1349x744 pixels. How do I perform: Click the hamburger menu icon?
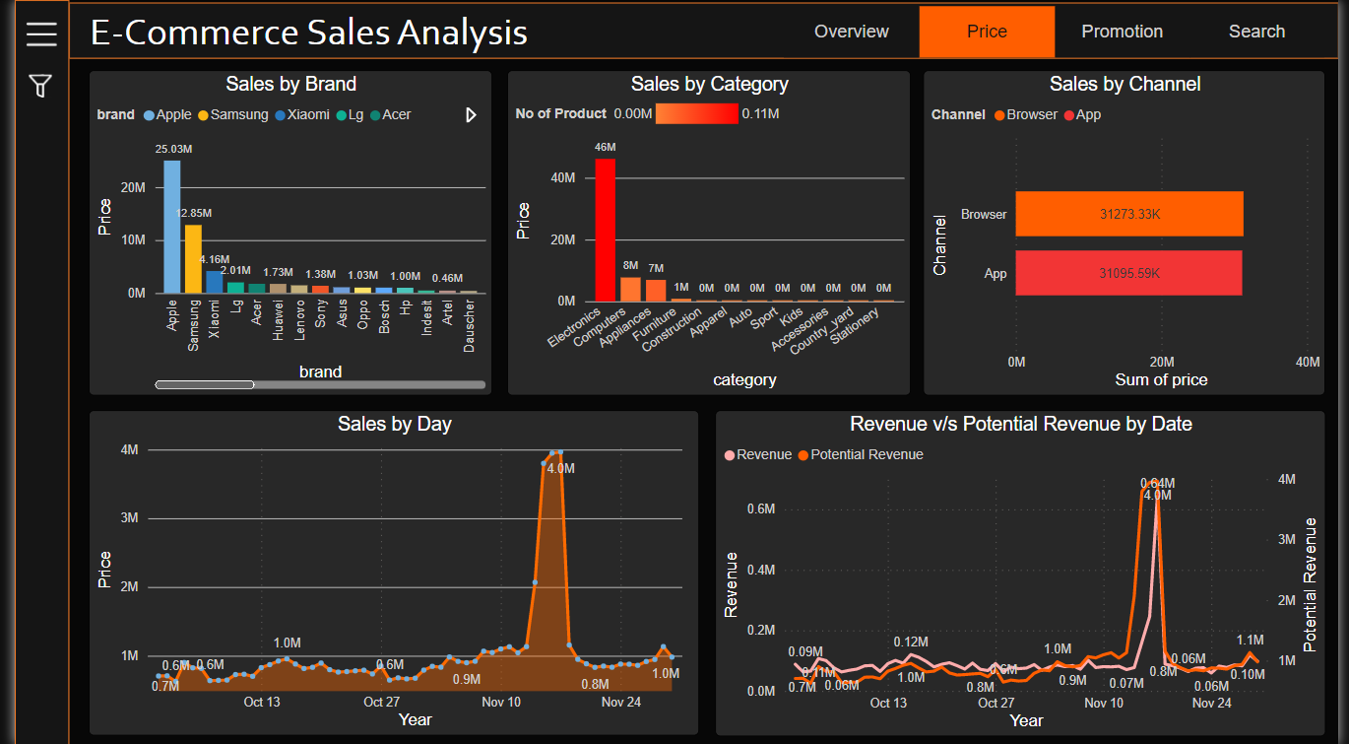click(x=41, y=34)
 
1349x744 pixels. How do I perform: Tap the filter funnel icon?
click(x=40, y=87)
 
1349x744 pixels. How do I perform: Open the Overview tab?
click(x=851, y=32)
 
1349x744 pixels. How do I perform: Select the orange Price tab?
click(x=987, y=32)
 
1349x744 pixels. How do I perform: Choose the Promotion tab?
click(x=1122, y=32)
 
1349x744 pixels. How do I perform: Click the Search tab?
click(x=1256, y=32)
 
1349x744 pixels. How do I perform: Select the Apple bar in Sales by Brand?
click(x=172, y=227)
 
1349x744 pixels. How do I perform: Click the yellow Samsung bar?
click(x=193, y=258)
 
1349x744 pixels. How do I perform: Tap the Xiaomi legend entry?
click(x=301, y=115)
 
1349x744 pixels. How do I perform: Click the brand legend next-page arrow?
click(x=471, y=115)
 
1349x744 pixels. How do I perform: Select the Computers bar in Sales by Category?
click(x=630, y=289)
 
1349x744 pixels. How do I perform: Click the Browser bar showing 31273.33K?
click(x=1129, y=214)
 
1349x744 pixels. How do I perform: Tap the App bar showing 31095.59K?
click(x=1128, y=273)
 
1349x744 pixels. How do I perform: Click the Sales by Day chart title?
click(x=394, y=424)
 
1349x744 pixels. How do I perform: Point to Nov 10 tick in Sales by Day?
click(x=501, y=702)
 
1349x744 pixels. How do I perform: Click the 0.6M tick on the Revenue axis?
click(x=760, y=508)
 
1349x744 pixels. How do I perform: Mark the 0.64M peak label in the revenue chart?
click(x=1157, y=483)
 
